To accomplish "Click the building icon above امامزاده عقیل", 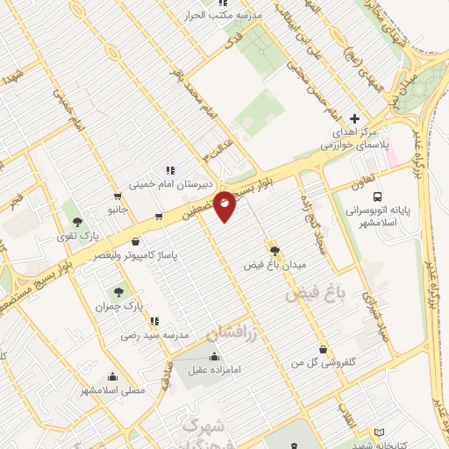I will click(x=215, y=357).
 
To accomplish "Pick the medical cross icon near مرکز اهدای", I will click(x=354, y=118).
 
